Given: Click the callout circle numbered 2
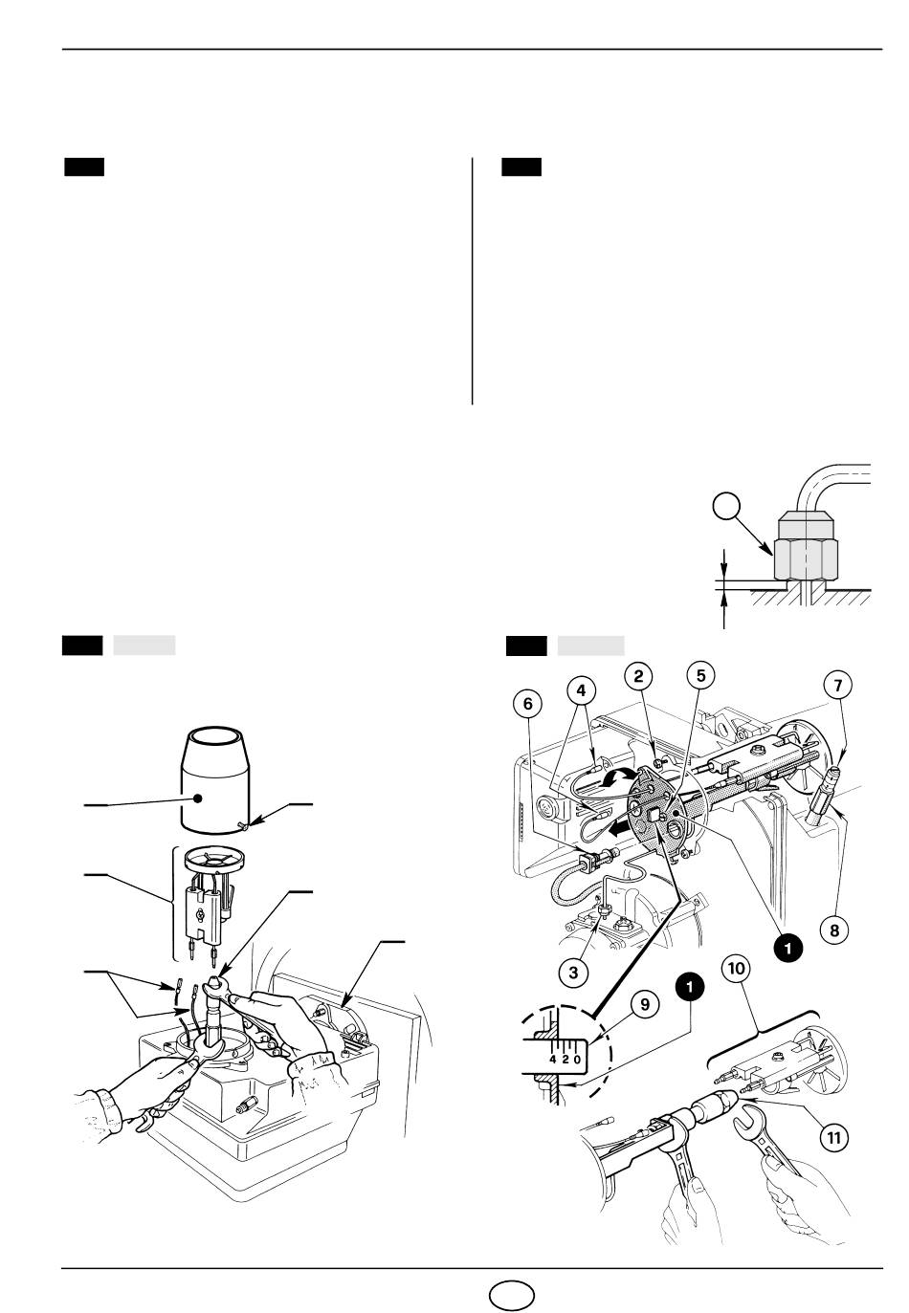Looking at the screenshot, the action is [x=638, y=676].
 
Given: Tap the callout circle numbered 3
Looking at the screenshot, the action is [x=573, y=973].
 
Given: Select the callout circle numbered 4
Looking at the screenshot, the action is [x=581, y=690].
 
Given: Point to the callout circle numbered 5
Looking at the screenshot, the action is [x=700, y=676].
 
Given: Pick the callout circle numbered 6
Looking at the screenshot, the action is [x=528, y=704].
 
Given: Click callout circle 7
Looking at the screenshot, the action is [x=837, y=685].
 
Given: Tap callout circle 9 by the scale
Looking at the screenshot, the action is [x=645, y=1005].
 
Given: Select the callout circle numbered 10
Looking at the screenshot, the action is [x=736, y=968].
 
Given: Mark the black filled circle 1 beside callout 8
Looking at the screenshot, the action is [x=788, y=948].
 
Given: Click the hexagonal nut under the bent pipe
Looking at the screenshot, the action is [x=806, y=558].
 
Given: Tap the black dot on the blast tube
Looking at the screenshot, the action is [x=199, y=798].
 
